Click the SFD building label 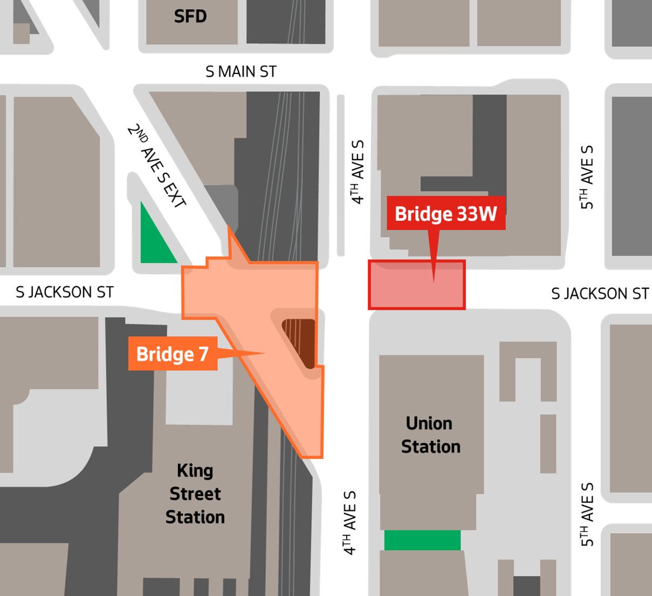pos(190,16)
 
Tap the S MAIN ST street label pos(241,71)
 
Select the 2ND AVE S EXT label pos(156,166)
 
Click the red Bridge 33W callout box pos(445,214)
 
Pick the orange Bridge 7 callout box pos(173,354)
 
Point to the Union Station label pos(430,435)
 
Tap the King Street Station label pos(195,494)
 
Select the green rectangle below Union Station pos(422,540)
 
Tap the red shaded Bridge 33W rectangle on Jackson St pos(416,285)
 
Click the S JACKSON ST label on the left pos(65,293)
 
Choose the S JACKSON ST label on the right pos(600,294)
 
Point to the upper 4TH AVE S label pos(358,172)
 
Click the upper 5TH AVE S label pos(587,177)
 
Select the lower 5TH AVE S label pos(587,514)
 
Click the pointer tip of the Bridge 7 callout pos(264,354)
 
